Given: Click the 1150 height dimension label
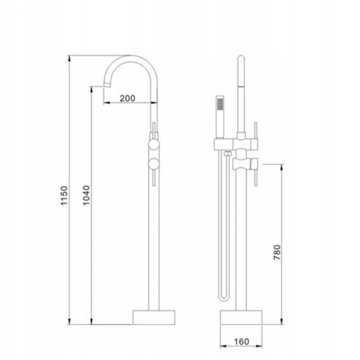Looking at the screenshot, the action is click(x=64, y=195).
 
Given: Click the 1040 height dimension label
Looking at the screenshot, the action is click(x=86, y=195).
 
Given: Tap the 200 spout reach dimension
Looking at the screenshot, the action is click(x=127, y=98).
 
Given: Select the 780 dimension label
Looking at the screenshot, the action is click(x=277, y=252).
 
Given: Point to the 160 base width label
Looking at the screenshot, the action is click(x=242, y=342).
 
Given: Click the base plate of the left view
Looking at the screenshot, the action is click(x=154, y=317).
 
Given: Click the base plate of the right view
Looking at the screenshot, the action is click(x=241, y=317).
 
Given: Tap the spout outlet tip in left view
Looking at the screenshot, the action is click(x=107, y=84).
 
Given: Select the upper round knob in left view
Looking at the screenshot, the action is click(x=154, y=144).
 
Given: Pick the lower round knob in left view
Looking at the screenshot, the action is click(x=154, y=163).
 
